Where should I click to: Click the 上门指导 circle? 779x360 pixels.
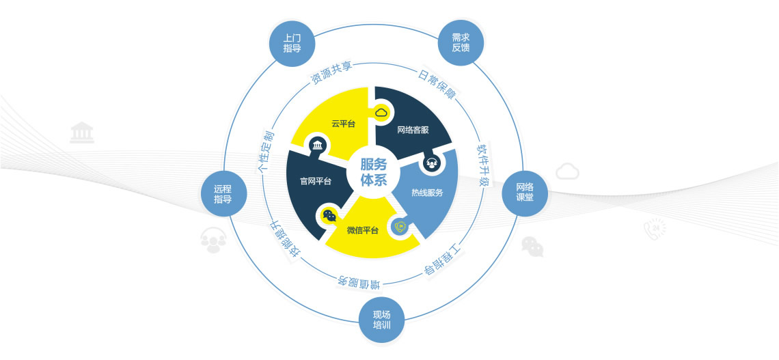coord(292,43)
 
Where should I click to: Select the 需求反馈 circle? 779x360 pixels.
coord(461,43)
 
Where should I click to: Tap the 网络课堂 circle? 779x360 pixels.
coord(525,193)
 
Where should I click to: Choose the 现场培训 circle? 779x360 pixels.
coord(381,320)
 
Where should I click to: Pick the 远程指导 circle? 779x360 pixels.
coord(223,194)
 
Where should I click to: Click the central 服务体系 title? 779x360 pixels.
coord(374,172)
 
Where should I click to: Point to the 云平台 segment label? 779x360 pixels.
coord(343,124)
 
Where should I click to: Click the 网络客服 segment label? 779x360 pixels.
coord(413,130)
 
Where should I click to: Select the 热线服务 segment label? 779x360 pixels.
coord(427,193)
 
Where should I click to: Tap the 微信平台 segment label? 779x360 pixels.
coord(362,230)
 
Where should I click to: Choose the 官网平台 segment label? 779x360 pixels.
coord(316,181)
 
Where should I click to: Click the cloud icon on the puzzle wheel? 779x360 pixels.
coord(381,113)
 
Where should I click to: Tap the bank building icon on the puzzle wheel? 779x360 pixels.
coord(316,145)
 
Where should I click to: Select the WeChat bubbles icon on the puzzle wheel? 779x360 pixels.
coord(329,215)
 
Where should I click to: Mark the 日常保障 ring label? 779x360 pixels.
coord(437,83)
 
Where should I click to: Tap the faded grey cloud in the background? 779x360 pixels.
coord(567,171)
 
